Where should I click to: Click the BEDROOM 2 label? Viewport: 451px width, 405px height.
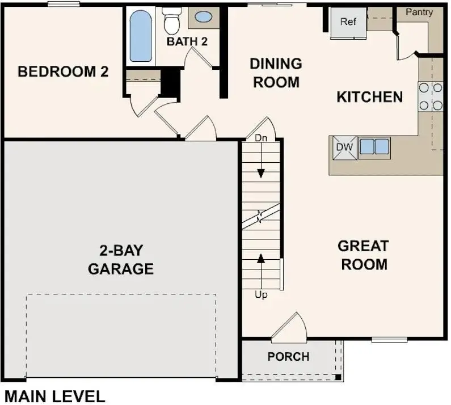(x=63, y=72)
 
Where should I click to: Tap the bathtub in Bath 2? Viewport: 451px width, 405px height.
(x=140, y=37)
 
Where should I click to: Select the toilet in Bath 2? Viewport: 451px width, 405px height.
(x=170, y=20)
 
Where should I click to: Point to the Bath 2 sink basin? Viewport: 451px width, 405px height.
(x=204, y=16)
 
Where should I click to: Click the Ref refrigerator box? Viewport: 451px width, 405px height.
(x=348, y=22)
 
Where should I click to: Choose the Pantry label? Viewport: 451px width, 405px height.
(x=419, y=12)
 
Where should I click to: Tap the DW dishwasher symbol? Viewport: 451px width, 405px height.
(x=344, y=147)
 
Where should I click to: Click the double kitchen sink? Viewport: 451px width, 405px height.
(x=374, y=146)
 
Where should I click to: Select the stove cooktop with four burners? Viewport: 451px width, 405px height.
(x=431, y=96)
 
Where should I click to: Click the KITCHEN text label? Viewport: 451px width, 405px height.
(x=370, y=97)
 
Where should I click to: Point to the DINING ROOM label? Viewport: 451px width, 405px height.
(x=276, y=73)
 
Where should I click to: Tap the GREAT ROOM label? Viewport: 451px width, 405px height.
(x=363, y=255)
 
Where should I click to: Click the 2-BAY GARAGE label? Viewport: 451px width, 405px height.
(x=121, y=259)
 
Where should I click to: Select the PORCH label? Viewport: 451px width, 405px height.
(x=289, y=357)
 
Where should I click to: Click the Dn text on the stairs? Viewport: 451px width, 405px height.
(x=260, y=138)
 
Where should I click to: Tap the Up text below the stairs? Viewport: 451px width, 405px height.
(x=261, y=295)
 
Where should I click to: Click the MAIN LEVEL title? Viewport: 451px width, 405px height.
(x=54, y=396)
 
